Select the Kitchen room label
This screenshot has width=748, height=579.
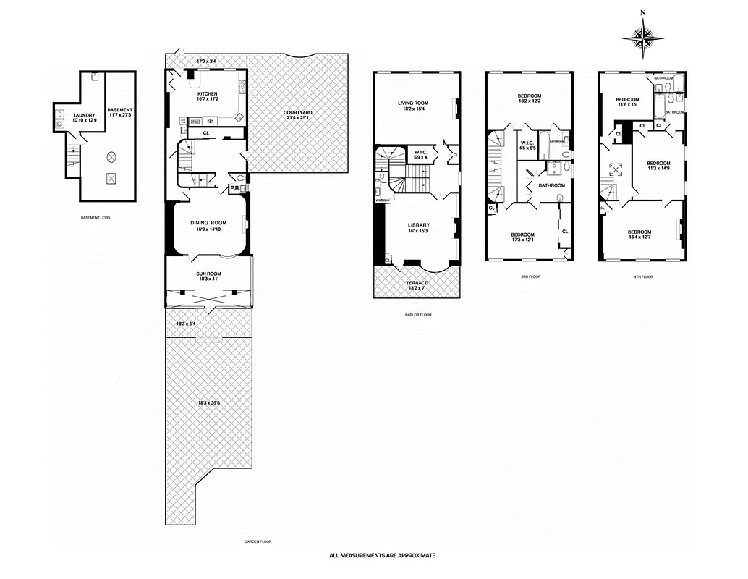(208, 94)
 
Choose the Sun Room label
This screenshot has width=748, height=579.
(208, 274)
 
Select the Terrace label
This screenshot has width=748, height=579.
(416, 283)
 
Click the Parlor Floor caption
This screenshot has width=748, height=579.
(419, 315)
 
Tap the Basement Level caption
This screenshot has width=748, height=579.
(96, 217)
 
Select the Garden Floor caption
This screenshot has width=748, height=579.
(258, 541)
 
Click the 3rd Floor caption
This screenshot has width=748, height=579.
(530, 276)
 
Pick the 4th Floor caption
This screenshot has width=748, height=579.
(642, 276)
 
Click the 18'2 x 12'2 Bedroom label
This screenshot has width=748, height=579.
(530, 96)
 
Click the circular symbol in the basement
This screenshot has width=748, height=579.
(111, 156)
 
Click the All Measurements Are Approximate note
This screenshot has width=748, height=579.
(382, 556)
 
